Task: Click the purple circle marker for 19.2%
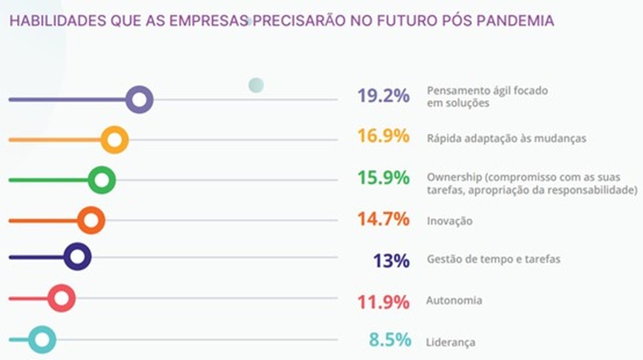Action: click(139, 100)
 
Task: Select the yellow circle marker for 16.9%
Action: click(114, 140)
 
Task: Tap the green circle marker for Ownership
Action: click(101, 180)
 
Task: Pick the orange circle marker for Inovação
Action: click(91, 220)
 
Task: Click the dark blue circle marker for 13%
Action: click(77, 257)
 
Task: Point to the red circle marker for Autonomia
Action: click(61, 298)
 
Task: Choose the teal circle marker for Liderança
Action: click(42, 339)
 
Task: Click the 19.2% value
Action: click(383, 96)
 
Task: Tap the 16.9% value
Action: click(383, 137)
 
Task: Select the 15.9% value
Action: click(383, 178)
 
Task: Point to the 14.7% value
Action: click(383, 219)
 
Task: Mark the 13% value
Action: click(391, 261)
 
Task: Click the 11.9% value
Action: click(383, 302)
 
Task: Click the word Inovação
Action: click(450, 221)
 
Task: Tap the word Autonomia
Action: click(454, 301)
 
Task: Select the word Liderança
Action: click(450, 342)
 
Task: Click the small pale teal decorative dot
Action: click(256, 85)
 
